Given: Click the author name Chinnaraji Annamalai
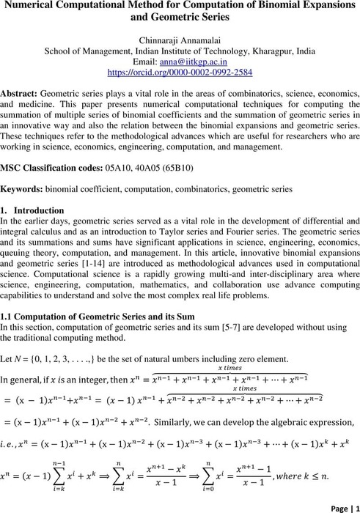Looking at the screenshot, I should (x=180, y=41).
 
